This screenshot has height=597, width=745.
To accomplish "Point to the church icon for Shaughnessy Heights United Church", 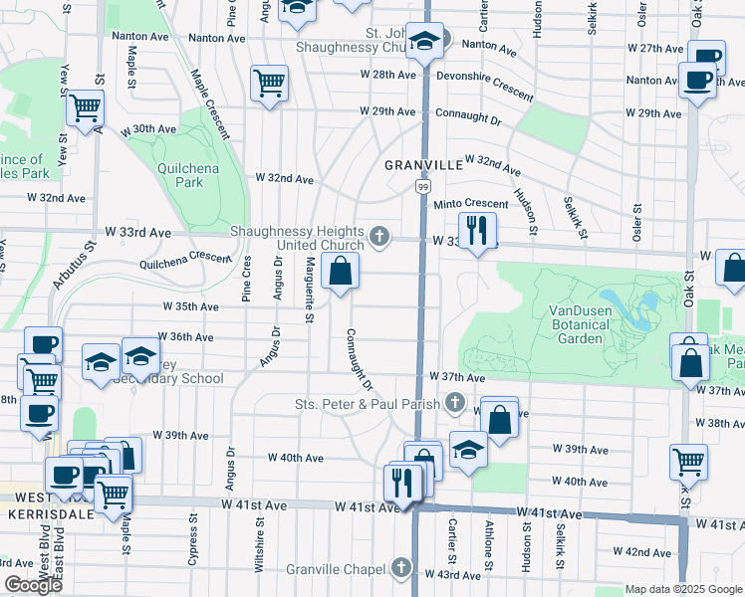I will coord(377,236).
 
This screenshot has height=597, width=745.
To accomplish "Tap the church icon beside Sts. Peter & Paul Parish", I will coord(455,403).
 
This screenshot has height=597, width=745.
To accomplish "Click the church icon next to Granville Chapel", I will coord(400,568).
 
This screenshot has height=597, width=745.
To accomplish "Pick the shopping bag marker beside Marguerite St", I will coord(341,272).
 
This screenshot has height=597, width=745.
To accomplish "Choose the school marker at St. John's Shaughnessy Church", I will coord(424,43).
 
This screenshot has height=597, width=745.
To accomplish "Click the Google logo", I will coord(33,585).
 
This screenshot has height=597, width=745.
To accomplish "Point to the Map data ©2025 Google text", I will coord(683,589).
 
